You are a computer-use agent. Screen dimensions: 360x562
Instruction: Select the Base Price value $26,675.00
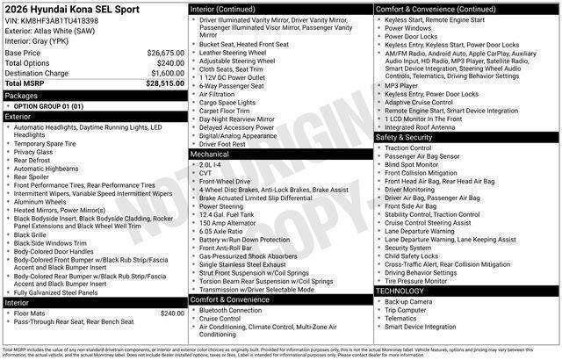tap(166, 53)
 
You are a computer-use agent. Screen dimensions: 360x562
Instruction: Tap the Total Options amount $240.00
tap(170, 63)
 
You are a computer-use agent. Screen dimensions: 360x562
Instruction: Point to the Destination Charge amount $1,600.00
tap(167, 74)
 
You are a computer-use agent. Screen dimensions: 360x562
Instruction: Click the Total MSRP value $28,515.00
tap(165, 84)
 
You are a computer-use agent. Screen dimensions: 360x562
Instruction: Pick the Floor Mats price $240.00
tap(171, 313)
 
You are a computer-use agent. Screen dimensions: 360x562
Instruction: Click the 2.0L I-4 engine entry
tap(212, 164)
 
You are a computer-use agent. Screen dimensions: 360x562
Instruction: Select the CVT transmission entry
tap(206, 173)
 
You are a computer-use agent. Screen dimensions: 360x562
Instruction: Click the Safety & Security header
tap(404, 138)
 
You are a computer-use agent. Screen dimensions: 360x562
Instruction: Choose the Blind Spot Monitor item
tap(412, 164)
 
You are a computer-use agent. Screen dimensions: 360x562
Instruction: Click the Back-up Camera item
tap(408, 301)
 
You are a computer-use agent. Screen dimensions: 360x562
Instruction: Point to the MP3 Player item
tap(403, 85)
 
